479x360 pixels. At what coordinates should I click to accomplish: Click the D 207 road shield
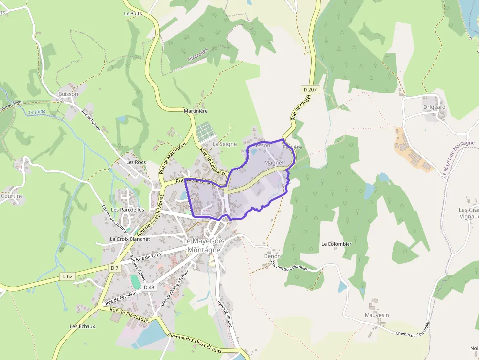click(x=310, y=90)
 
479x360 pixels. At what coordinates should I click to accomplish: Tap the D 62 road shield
click(x=67, y=276)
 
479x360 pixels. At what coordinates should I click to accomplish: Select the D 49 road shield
click(x=149, y=287)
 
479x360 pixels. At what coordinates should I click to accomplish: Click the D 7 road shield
click(x=114, y=268)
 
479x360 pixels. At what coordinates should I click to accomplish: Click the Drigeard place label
click(x=434, y=107)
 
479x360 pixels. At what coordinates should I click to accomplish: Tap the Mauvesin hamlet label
click(x=376, y=315)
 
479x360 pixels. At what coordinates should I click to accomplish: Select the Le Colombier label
click(x=336, y=244)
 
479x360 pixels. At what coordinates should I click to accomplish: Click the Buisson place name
click(x=68, y=94)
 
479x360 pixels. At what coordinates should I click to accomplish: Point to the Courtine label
click(x=12, y=196)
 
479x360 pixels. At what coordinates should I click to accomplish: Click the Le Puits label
click(x=133, y=14)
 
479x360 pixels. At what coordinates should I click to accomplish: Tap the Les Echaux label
click(x=82, y=326)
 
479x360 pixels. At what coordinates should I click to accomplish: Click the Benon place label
click(x=272, y=256)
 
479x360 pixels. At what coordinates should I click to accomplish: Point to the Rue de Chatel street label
click(x=301, y=108)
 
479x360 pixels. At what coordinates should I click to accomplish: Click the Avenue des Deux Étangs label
click(x=194, y=343)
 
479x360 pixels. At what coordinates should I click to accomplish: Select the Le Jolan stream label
click(x=37, y=112)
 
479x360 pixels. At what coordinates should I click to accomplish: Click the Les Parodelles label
click(x=128, y=210)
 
